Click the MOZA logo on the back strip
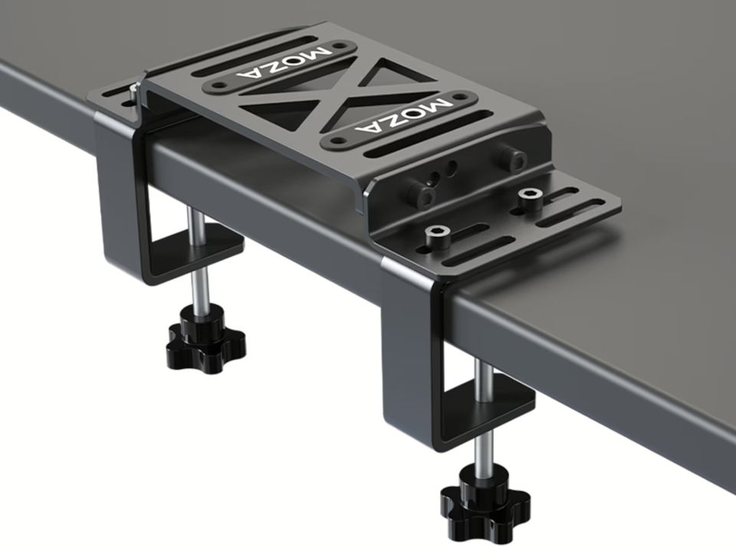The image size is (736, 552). click(x=284, y=64)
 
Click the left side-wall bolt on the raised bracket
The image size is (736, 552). click(x=421, y=192)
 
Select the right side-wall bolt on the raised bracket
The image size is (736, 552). click(x=511, y=159)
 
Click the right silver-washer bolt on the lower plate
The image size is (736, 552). click(x=530, y=195)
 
